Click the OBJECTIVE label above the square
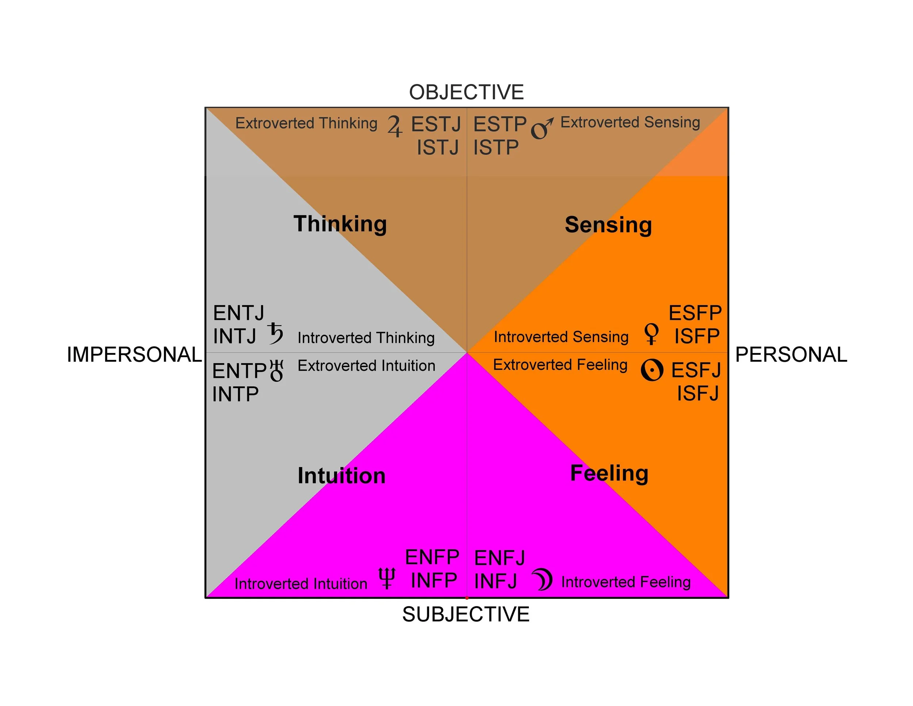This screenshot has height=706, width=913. tap(466, 92)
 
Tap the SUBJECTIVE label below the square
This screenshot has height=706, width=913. tap(466, 614)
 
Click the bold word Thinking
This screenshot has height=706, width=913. tap(340, 224)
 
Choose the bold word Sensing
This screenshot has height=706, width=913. tap(608, 225)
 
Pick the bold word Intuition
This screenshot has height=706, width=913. tap(341, 476)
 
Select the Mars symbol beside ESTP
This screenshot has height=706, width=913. tap(542, 128)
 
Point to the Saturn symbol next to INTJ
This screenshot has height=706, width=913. tap(275, 333)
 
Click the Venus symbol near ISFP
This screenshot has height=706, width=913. tap(651, 334)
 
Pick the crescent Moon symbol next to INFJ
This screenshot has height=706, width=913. tap(543, 580)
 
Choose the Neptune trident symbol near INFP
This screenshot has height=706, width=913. tap(387, 578)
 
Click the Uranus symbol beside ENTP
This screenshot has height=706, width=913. tap(277, 371)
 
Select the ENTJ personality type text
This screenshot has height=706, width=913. tap(239, 313)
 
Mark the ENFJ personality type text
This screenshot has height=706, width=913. tap(500, 558)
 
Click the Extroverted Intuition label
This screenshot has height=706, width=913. tap(366, 365)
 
